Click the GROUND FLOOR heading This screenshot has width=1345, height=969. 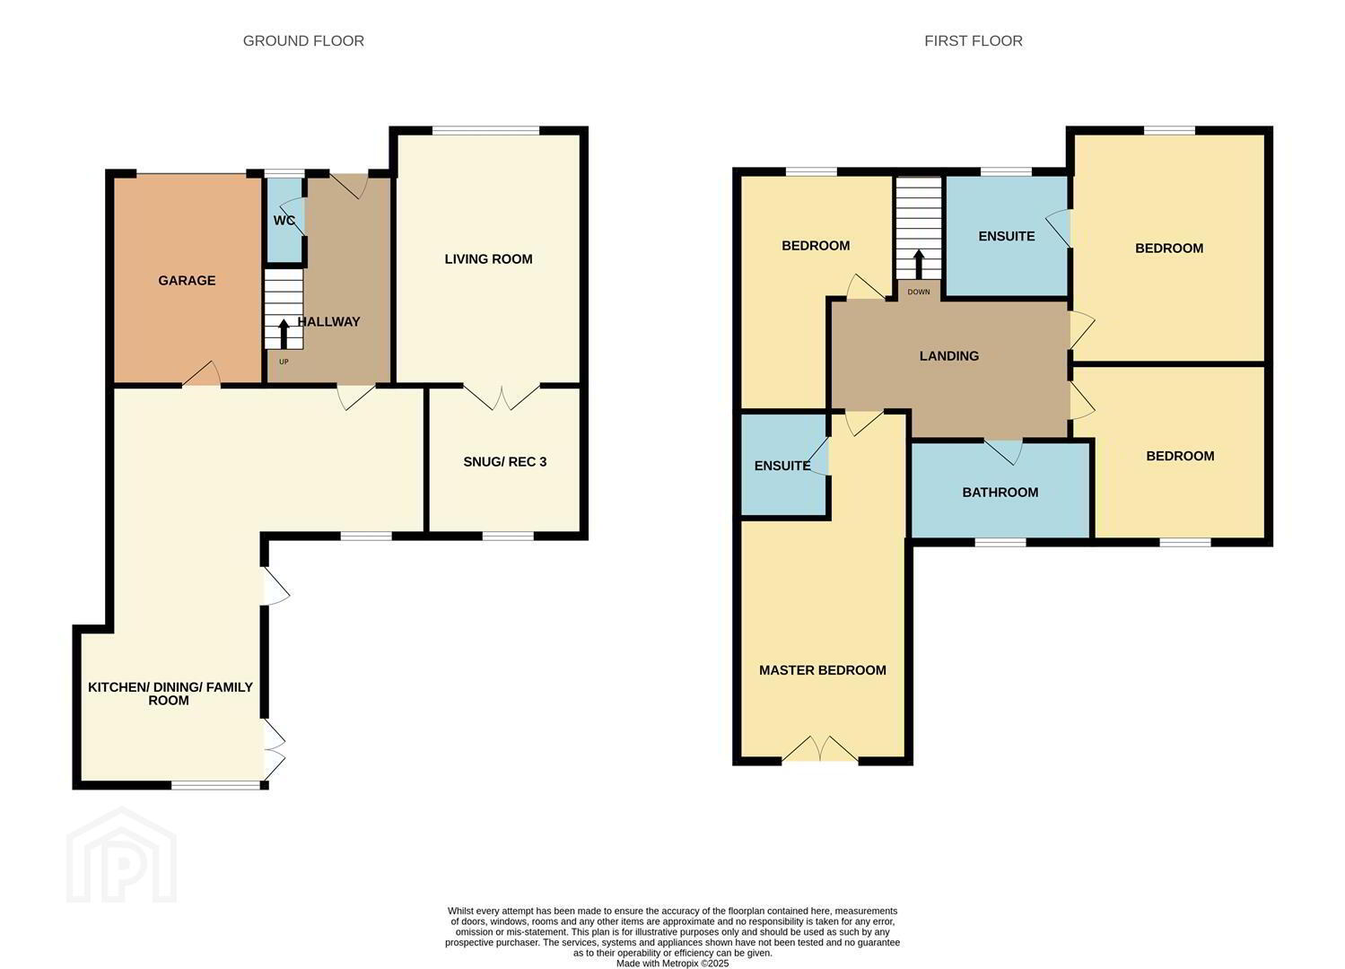click(x=303, y=41)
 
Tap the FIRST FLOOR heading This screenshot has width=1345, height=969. click(x=974, y=41)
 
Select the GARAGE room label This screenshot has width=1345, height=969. click(x=187, y=280)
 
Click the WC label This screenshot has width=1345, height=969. click(x=284, y=221)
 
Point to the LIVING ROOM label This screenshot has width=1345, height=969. click(x=488, y=258)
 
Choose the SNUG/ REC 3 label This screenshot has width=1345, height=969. click(x=505, y=462)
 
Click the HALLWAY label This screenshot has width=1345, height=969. click(x=329, y=322)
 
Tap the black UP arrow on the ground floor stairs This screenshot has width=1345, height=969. click(x=284, y=334)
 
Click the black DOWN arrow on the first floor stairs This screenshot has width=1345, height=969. click(x=919, y=264)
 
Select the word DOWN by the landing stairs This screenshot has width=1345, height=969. click(x=919, y=292)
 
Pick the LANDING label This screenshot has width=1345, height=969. click(x=948, y=356)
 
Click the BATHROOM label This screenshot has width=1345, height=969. click(x=1000, y=493)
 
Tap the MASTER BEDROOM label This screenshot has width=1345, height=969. click(x=823, y=670)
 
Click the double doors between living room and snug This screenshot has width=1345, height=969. click(x=502, y=397)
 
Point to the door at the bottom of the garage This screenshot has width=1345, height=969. click(x=202, y=373)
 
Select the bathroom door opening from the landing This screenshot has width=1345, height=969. click(x=1003, y=451)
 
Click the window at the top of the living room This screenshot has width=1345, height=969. click(x=485, y=130)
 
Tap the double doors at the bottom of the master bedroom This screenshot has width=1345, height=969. click(x=820, y=748)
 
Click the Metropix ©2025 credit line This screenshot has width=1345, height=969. click(x=673, y=964)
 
